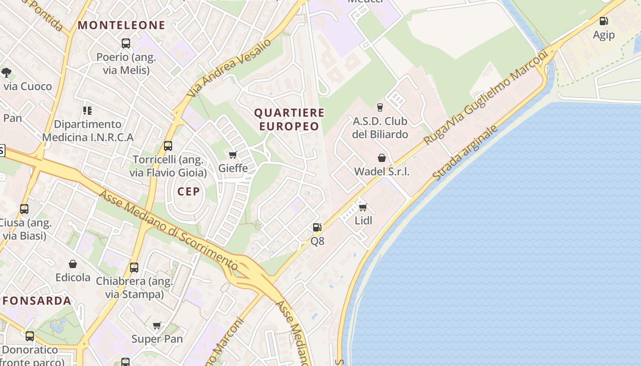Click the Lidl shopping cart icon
pyautogui.click(x=363, y=208)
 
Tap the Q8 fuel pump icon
pyautogui.click(x=317, y=227)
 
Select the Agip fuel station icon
pyautogui.click(x=604, y=21)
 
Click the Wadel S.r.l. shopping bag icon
pyautogui.click(x=381, y=158)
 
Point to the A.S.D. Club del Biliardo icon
pyautogui.click(x=380, y=108)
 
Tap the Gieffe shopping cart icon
pyautogui.click(x=233, y=155)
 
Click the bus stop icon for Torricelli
pyautogui.click(x=168, y=146)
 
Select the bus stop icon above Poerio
pyautogui.click(x=126, y=43)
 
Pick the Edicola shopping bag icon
pyautogui.click(x=73, y=264)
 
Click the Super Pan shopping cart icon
pyautogui.click(x=157, y=326)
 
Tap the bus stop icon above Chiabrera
pyautogui.click(x=134, y=267)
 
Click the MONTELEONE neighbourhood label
pyautogui.click(x=121, y=26)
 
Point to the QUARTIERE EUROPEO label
pyautogui.click(x=289, y=119)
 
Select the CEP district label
pyautogui.click(x=189, y=192)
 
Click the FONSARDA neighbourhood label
pyautogui.click(x=37, y=301)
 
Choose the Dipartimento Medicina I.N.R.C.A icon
pyautogui.click(x=87, y=111)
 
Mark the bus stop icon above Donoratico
pyautogui.click(x=30, y=336)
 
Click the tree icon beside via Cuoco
pyautogui.click(x=6, y=72)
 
